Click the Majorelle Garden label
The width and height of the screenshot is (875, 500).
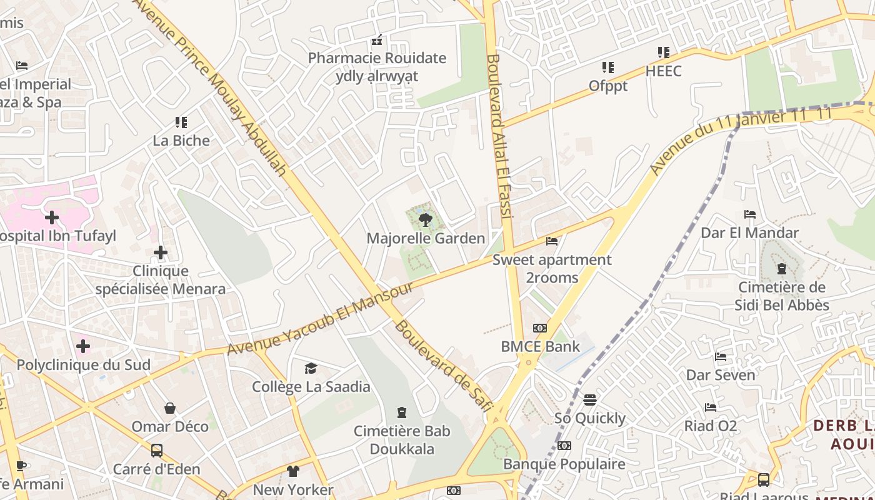point(426,238)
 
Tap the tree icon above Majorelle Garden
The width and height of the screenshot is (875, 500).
point(426,219)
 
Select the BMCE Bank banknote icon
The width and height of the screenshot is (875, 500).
point(540,328)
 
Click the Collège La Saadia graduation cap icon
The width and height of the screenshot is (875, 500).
point(311,368)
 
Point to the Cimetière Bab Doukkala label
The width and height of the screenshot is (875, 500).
point(402,440)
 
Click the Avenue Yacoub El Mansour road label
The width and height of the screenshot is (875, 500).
point(320,319)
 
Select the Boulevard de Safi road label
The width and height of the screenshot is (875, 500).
point(441,364)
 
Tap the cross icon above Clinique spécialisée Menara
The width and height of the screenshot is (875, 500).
point(161,252)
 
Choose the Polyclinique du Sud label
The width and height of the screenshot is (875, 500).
point(84,364)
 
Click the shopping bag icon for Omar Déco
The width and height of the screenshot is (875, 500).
point(169,408)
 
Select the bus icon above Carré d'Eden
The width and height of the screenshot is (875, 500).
point(157,451)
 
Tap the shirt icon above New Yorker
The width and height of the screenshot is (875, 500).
point(293,471)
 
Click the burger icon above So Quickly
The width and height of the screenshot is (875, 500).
point(590,399)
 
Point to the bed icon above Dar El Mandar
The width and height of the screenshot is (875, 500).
point(750,214)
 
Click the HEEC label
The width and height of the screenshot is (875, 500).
point(663,71)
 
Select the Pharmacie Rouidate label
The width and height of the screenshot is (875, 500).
point(377,58)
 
